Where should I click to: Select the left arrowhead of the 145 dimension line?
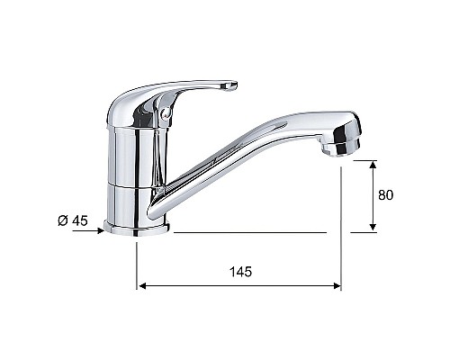[x=140, y=287]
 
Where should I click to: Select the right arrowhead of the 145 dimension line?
[x=337, y=287]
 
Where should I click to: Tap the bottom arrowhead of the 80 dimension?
[x=373, y=227]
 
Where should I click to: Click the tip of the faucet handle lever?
[x=231, y=86]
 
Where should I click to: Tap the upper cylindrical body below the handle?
[x=133, y=153]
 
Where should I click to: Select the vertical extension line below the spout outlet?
[x=341, y=225]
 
